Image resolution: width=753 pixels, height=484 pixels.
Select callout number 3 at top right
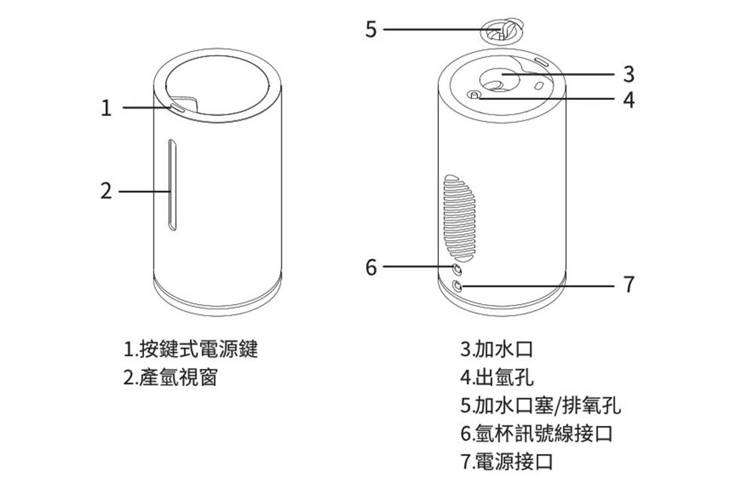click(630, 74)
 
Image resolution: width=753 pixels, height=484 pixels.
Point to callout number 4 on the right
click(630, 98)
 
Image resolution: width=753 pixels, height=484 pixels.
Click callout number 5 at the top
click(370, 30)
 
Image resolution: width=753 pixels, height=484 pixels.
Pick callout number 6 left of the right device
click(370, 266)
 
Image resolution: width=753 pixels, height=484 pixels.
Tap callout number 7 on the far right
click(630, 285)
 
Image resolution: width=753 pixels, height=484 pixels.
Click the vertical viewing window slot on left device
click(172, 185)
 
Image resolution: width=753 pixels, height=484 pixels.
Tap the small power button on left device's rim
click(177, 108)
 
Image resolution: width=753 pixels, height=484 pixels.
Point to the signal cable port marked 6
click(457, 268)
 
